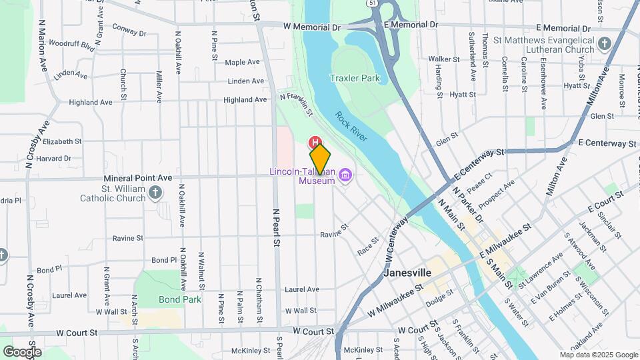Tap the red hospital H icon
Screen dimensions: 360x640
coord(313,142)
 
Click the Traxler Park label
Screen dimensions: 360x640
coord(355,78)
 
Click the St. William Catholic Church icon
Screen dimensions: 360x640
coord(155,193)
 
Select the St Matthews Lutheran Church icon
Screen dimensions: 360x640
coord(604,45)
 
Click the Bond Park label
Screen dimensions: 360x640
coord(180,299)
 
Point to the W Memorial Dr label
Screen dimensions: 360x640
coord(311,27)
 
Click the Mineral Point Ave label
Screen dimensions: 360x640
coord(138,178)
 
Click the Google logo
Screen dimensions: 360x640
coord(22,351)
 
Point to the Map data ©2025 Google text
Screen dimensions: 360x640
coord(599,355)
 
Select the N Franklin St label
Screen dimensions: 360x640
coord(297,103)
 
